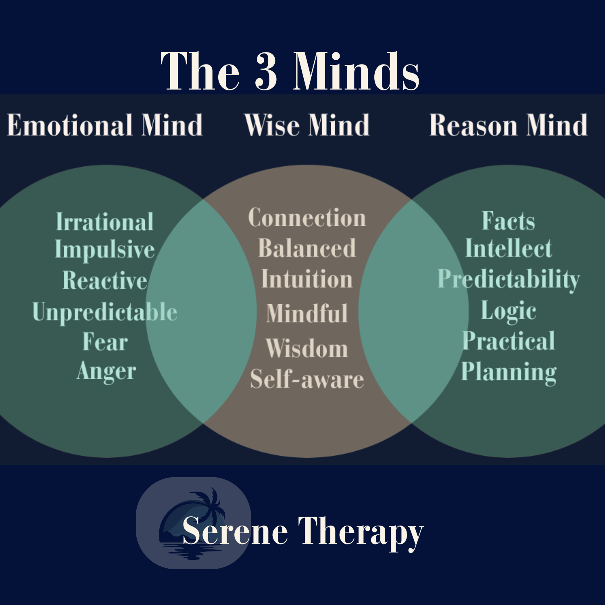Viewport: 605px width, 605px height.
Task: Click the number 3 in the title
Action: (x=266, y=71)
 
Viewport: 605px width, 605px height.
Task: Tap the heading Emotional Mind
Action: (x=104, y=125)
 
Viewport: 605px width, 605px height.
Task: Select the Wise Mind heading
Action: (x=307, y=125)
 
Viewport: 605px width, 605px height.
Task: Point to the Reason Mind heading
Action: (x=508, y=125)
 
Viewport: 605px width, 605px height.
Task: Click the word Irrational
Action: (x=104, y=222)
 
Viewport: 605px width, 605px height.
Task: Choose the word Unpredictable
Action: (x=104, y=312)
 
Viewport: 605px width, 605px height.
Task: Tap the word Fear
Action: (x=105, y=342)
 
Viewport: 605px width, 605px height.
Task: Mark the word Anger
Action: (x=106, y=371)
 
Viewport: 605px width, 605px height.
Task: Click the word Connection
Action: (x=307, y=218)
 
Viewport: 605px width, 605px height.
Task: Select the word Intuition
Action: (x=307, y=279)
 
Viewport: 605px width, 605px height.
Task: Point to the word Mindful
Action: (x=307, y=313)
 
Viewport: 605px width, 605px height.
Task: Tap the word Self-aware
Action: (x=307, y=379)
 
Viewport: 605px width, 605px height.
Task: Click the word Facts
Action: (x=508, y=221)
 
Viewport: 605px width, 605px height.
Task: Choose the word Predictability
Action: (x=509, y=279)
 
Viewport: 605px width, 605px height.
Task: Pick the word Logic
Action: (x=509, y=311)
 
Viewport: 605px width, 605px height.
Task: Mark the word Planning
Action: (x=509, y=372)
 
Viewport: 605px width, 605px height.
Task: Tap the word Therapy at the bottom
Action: (x=361, y=532)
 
